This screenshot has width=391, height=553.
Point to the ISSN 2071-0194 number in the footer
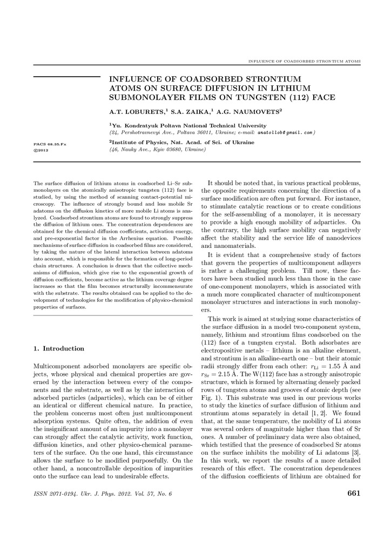54,494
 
